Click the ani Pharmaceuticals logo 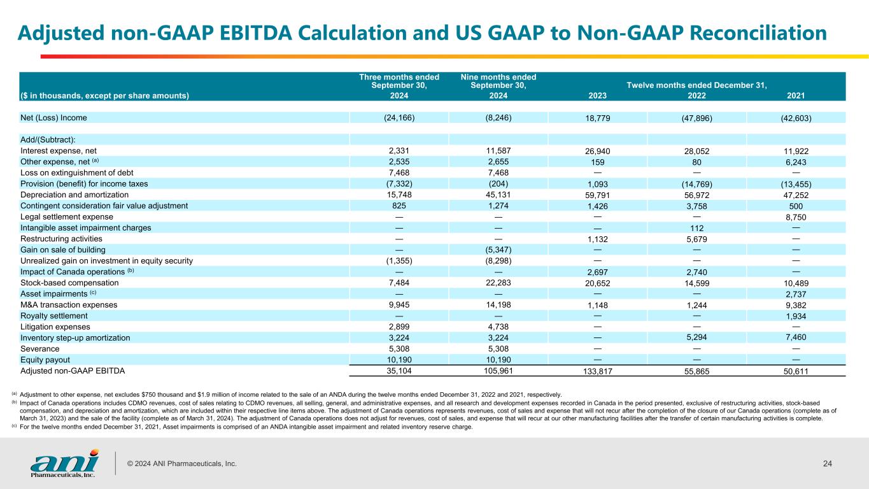64,464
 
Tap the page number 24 828,464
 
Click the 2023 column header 597,96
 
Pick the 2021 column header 796,96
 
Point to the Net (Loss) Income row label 53,118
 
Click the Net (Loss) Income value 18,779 597,118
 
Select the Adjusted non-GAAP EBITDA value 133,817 597,371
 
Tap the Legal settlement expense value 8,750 796,217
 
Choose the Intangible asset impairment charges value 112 696,228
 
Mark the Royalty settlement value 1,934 796,316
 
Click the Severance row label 40,349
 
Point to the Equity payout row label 45,360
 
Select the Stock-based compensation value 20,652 597,283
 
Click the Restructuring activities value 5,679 696,239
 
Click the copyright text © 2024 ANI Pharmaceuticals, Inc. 182,464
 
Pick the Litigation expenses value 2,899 399,327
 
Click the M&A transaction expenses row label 69,305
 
